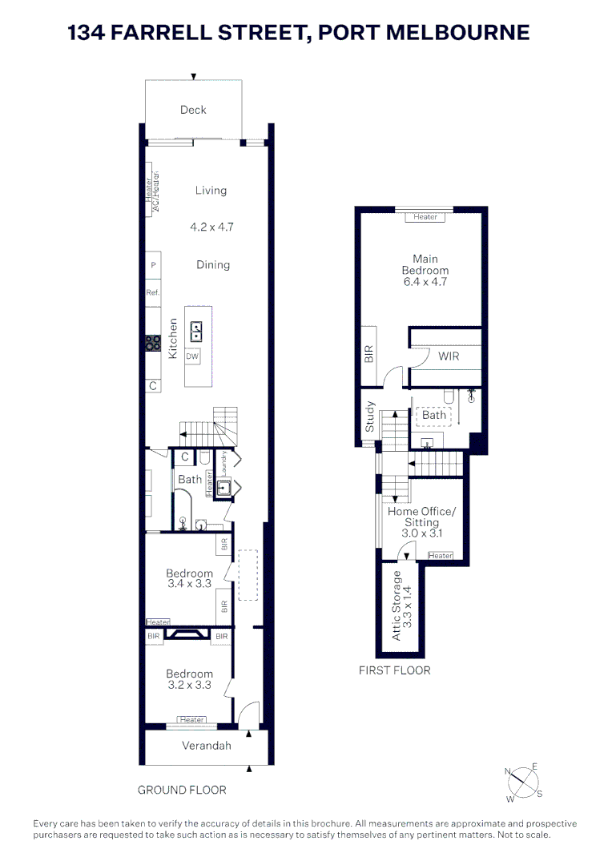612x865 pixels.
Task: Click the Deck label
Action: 193,110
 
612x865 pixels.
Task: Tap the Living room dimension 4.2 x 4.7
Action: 211,227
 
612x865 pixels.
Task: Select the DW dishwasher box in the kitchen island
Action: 192,356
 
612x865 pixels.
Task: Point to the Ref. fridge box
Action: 153,293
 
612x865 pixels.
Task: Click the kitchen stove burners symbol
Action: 153,343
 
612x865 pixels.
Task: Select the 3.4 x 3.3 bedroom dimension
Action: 190,584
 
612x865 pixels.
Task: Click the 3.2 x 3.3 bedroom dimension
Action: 190,685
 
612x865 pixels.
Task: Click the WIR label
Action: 449,356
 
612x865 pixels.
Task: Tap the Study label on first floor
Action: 369,416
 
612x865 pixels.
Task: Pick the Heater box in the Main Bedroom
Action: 425,217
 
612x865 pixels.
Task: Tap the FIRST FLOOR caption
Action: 394,670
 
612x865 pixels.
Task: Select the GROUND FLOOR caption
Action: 182,790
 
